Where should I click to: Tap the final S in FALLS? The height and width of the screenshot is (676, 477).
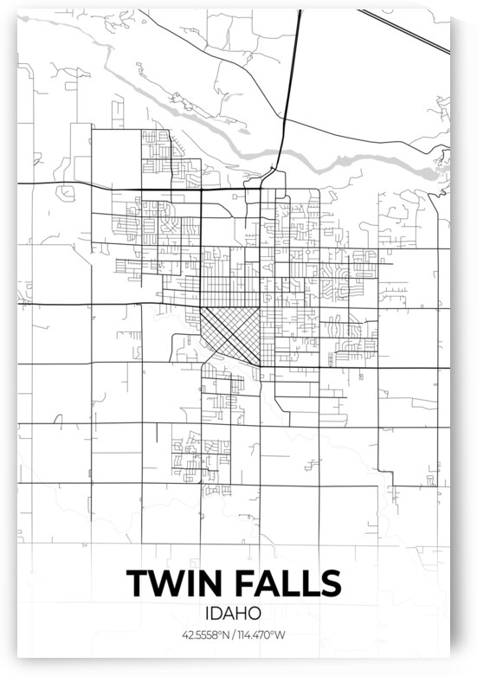click(x=331, y=583)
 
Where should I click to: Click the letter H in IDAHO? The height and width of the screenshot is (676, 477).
click(x=250, y=614)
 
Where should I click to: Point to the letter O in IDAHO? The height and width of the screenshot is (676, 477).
click(x=265, y=614)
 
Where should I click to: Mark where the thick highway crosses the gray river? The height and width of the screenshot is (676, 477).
click(x=282, y=156)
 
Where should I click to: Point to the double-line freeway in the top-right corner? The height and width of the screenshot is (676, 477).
click(x=407, y=31)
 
